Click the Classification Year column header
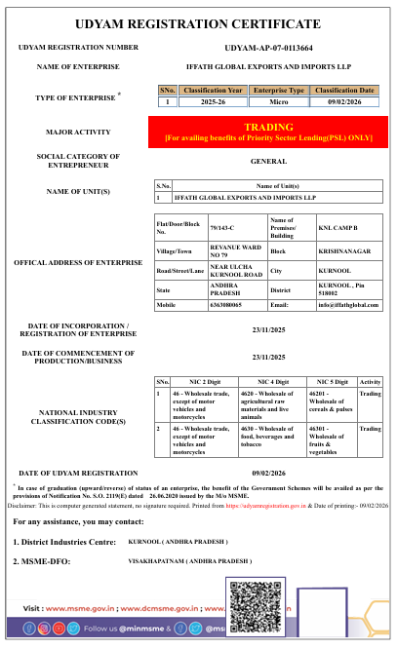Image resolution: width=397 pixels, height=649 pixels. pos(213,90)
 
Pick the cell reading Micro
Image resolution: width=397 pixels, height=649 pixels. pos(279,101)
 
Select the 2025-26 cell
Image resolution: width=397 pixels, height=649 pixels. pos(213,101)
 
